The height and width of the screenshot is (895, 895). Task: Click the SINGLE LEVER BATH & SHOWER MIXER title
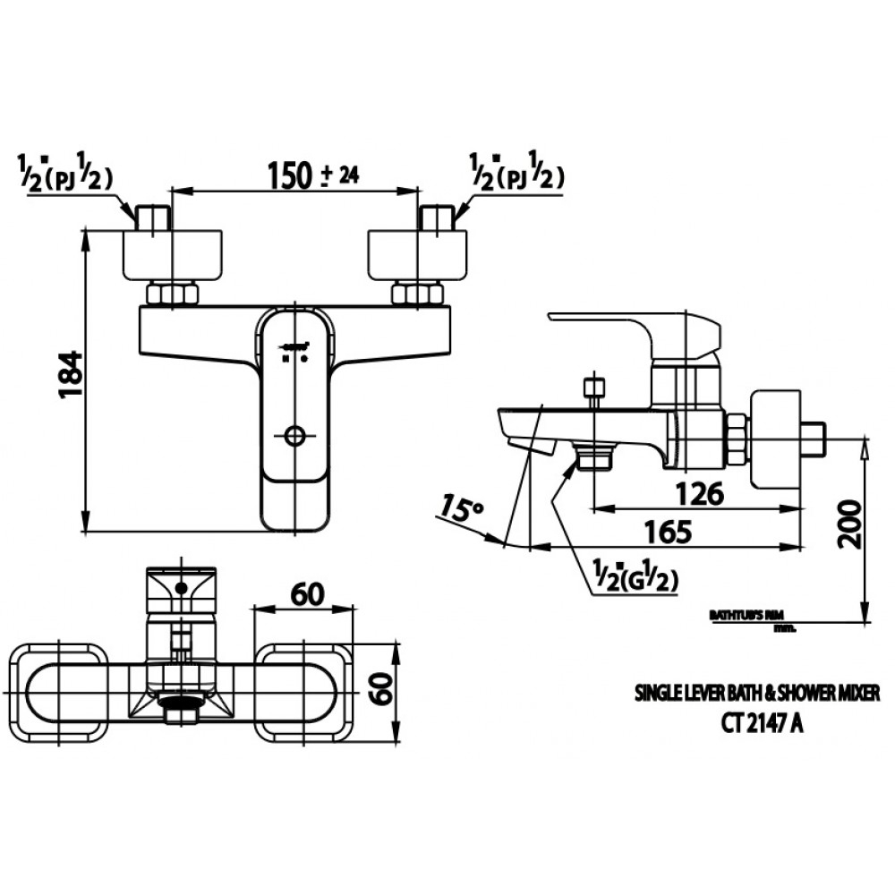757,693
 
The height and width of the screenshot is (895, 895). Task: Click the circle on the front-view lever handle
295,436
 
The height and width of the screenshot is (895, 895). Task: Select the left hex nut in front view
172,294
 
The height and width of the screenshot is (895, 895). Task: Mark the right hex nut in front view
417,294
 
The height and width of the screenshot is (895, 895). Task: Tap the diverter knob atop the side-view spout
593,388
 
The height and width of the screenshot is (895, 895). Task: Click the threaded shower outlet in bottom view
181,713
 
